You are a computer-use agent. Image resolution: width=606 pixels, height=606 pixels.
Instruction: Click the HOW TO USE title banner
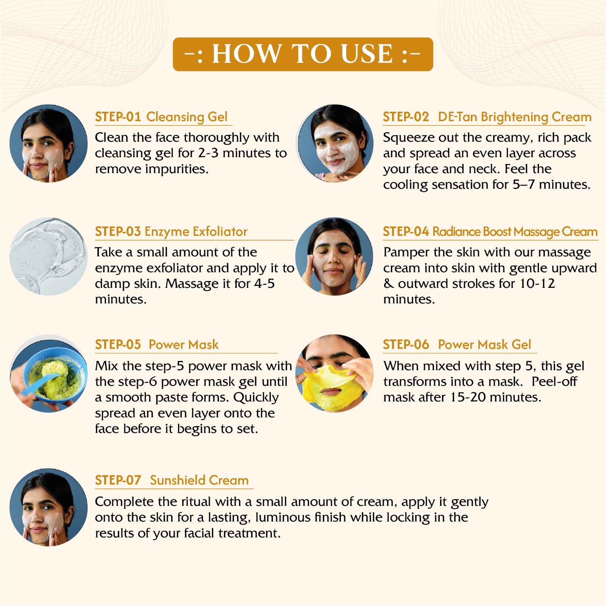(x=303, y=54)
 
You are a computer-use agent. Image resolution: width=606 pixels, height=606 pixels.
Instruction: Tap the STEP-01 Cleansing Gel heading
(x=161, y=117)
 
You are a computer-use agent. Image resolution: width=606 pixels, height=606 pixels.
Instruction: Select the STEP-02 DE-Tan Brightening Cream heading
(x=487, y=117)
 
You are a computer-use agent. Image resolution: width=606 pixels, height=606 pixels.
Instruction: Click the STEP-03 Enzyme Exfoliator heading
(x=171, y=231)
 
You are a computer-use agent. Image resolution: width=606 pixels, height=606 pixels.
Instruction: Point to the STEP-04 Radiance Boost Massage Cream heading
(x=490, y=231)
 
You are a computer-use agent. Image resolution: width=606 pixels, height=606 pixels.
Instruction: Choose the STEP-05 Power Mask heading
(x=157, y=344)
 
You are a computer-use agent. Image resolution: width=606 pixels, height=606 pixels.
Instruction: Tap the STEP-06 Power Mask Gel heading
(x=457, y=344)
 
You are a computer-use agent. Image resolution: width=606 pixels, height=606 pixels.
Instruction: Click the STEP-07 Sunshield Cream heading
(x=172, y=480)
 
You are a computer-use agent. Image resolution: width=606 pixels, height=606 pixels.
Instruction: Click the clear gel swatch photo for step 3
(x=48, y=256)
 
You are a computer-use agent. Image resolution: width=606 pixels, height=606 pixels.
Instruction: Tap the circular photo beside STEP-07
(x=48, y=508)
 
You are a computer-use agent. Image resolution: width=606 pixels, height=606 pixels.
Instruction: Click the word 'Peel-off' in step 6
(x=554, y=381)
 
